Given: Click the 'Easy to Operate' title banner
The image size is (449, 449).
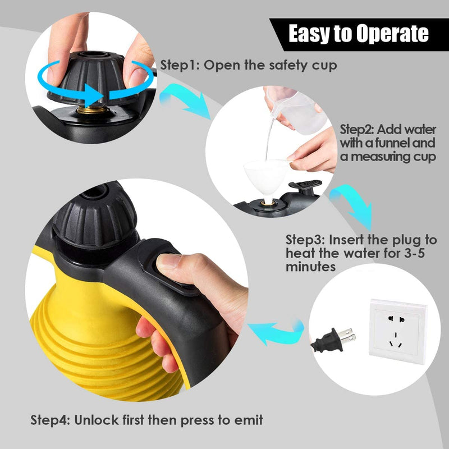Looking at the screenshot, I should (x=358, y=34).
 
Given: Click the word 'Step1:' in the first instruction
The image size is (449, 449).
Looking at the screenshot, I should (x=180, y=65).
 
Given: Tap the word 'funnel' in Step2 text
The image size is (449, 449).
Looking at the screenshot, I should (x=390, y=143).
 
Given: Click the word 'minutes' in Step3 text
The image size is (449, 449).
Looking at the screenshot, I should (x=311, y=267).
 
